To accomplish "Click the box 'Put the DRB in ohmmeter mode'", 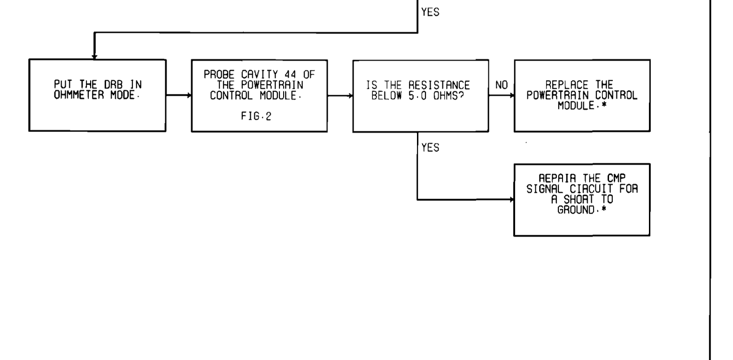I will (x=97, y=95).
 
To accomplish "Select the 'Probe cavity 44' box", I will (x=259, y=95).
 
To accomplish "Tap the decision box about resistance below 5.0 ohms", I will (x=420, y=95).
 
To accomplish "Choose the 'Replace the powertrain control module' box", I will (x=582, y=95).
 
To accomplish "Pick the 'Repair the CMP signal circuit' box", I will (x=582, y=199).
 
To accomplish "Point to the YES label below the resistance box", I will (x=430, y=148).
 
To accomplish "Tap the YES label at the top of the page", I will (x=430, y=13).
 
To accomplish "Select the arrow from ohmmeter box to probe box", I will (x=178, y=95).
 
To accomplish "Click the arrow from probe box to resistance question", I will (x=340, y=95).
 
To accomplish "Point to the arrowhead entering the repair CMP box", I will (x=512, y=199).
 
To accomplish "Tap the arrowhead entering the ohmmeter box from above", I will (x=94, y=57).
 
